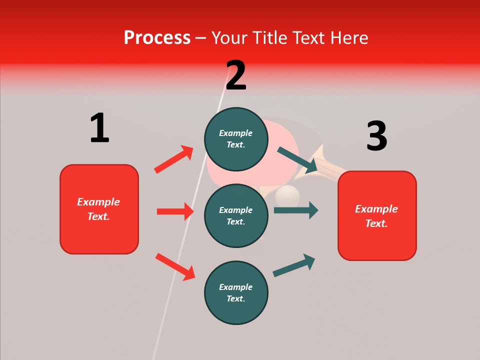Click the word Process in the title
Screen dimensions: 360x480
[x=157, y=37]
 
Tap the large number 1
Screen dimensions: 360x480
[x=99, y=128]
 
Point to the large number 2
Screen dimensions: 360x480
[x=236, y=75]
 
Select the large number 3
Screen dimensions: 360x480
[x=376, y=136]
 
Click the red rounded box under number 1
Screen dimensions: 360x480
[x=99, y=209]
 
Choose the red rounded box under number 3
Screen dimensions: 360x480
[x=377, y=215]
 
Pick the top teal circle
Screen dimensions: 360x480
[x=236, y=139]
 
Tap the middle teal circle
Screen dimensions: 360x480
[x=236, y=215]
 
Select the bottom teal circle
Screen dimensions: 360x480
[x=236, y=292]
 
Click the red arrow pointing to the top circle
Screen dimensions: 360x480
[x=173, y=159]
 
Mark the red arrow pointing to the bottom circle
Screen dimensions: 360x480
[x=175, y=266]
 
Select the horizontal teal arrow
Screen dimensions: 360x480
[x=295, y=210]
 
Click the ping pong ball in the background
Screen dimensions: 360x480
[x=287, y=195]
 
